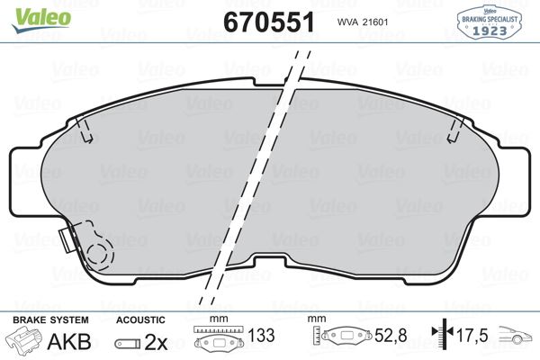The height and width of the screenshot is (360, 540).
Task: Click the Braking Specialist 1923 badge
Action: [490, 21]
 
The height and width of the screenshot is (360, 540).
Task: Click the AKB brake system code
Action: [74, 342]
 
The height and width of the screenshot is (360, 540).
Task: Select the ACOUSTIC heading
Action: [140, 319]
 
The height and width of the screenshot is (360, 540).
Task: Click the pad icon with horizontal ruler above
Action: [216, 341]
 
